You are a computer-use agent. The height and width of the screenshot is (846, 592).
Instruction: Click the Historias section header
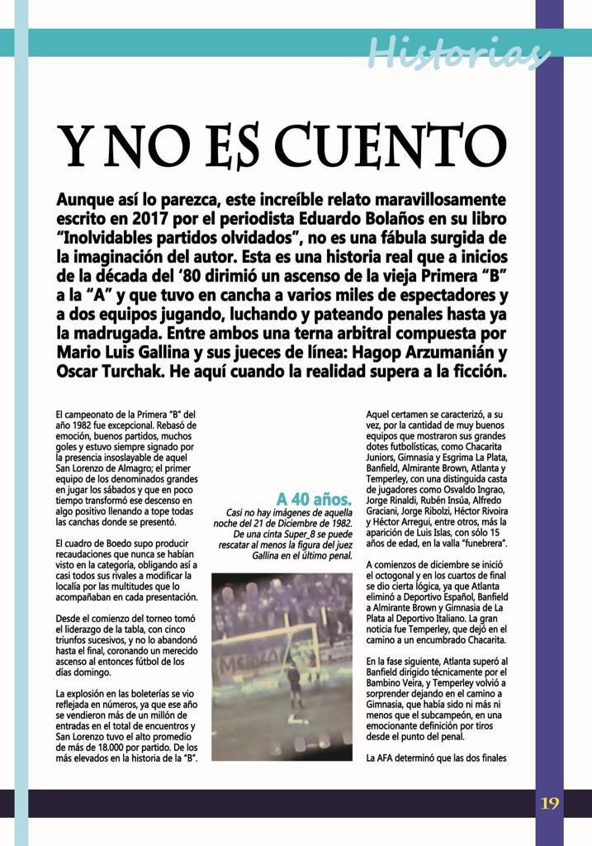pos(458,53)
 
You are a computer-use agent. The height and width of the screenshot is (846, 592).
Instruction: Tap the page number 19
pos(550,802)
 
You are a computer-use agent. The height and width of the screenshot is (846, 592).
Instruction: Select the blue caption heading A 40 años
pos(314,499)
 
